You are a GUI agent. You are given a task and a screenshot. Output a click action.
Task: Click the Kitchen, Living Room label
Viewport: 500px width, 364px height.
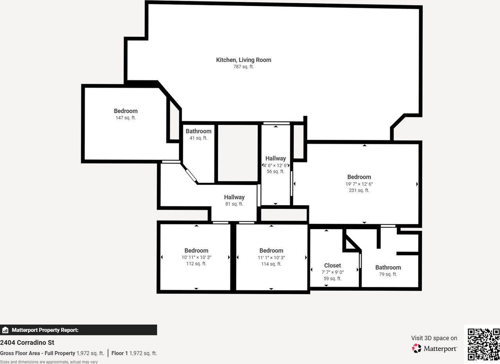point(243,60)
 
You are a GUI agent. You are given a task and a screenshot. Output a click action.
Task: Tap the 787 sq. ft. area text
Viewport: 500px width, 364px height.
point(243,67)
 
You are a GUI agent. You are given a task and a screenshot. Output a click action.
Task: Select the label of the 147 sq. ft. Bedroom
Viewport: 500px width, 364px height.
point(125,111)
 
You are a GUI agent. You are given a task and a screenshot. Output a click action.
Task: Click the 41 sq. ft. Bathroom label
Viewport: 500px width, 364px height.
point(198,131)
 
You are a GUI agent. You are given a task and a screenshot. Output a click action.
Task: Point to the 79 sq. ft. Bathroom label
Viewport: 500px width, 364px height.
point(388,267)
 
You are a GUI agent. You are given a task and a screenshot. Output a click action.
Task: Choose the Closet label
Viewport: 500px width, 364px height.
point(332,265)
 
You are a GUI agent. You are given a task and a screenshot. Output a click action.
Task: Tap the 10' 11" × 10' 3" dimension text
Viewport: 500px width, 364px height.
point(196,257)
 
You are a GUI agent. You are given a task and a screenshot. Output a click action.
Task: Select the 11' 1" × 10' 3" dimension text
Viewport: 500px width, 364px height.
point(271,257)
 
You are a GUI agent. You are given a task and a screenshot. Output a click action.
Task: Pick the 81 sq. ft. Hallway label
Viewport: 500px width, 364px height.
point(234,197)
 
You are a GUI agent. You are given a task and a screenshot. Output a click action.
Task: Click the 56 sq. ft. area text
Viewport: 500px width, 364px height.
point(275,172)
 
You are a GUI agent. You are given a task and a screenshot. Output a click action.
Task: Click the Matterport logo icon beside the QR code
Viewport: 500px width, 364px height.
point(417,348)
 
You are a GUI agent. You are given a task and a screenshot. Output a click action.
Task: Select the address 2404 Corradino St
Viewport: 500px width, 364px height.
point(27,343)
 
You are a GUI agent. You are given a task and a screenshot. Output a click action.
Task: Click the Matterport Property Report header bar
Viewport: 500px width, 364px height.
point(79,330)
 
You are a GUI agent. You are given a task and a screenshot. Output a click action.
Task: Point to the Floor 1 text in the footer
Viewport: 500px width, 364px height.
point(120,353)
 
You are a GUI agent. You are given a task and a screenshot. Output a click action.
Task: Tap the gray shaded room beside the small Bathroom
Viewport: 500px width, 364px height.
point(237,153)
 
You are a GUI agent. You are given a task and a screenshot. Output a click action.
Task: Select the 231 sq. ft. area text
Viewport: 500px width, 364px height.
point(359,190)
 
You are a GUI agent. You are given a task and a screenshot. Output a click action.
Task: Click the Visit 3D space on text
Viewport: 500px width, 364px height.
point(434,338)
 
